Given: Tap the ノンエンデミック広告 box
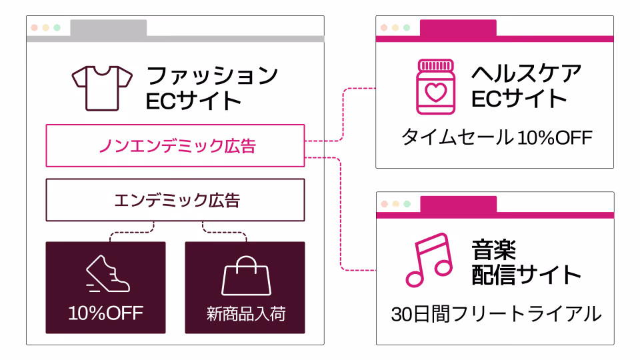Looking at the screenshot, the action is (x=175, y=145).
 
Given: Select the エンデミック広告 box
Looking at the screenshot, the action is (x=175, y=200).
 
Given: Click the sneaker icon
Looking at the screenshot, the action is (x=108, y=274).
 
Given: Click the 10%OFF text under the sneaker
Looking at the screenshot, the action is (x=105, y=313).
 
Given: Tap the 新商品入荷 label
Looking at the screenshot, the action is (x=245, y=313).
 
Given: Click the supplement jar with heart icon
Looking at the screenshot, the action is (x=435, y=87).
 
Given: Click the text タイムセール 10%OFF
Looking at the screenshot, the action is (x=496, y=137).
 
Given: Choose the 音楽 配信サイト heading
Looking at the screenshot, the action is (x=526, y=262).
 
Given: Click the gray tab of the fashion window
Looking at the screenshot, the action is (x=108, y=28).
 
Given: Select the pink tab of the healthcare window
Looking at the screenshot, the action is (x=458, y=28).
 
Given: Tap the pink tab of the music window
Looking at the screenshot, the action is (x=458, y=204).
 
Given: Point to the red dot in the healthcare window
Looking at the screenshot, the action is (x=384, y=28).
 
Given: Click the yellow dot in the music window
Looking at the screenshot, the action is (x=395, y=204).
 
